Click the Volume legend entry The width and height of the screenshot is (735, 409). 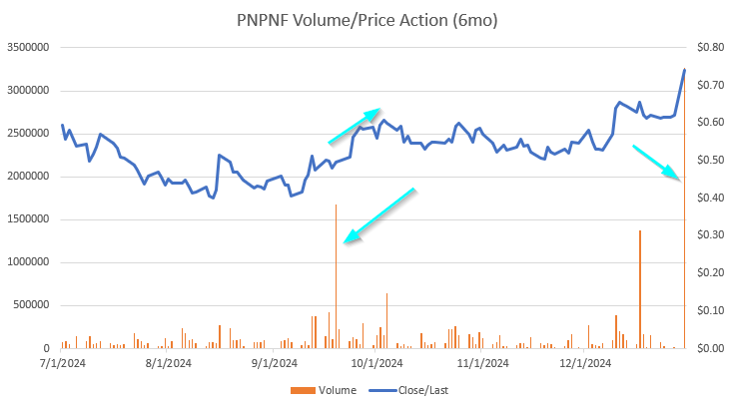330,390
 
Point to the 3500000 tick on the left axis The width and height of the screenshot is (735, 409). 29,48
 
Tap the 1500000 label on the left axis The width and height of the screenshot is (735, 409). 29,219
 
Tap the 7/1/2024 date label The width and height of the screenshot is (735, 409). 62,364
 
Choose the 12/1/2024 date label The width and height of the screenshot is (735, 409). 585,364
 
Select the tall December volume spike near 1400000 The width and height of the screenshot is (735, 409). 639,289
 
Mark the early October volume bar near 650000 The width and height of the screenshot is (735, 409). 386,319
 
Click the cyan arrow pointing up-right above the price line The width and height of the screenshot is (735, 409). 355,126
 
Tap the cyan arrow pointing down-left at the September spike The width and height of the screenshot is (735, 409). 378,214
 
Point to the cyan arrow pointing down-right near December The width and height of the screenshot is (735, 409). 658,163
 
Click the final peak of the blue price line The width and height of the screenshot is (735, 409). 685,70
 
